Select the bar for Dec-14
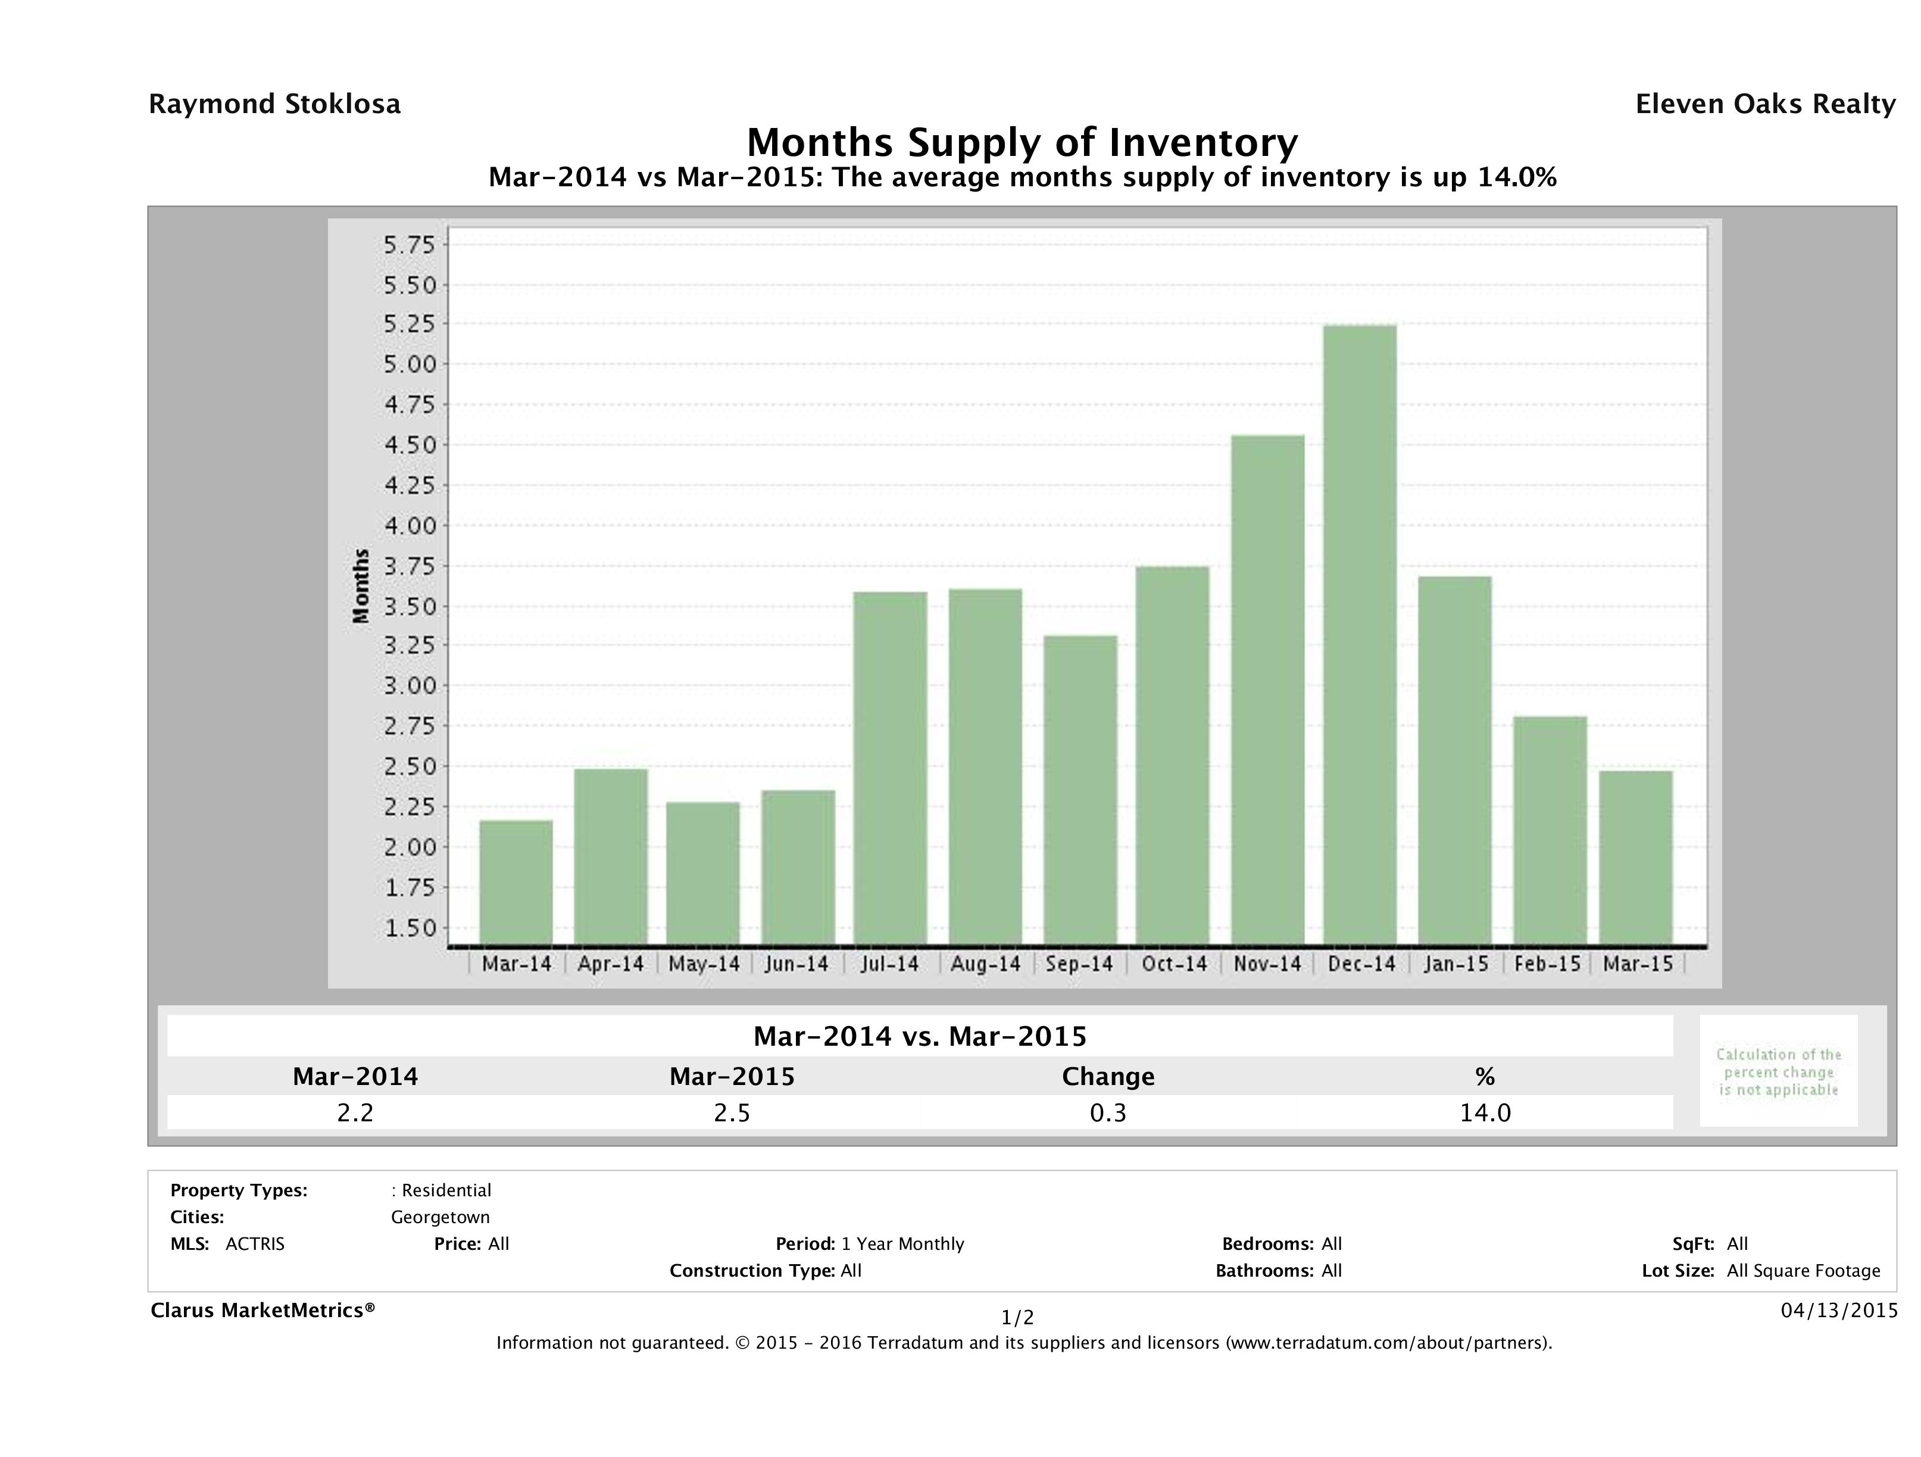coord(1360,634)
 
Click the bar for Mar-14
coord(516,882)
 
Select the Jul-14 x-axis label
coord(889,964)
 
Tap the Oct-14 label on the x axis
coord(1174,964)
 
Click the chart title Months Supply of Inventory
coord(1022,142)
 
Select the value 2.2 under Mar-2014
coord(355,1112)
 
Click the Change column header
coord(1108,1077)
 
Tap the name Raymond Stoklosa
coord(274,104)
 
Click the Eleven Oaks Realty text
coord(1764,104)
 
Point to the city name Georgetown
coord(441,1217)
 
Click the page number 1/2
coord(1018,1318)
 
